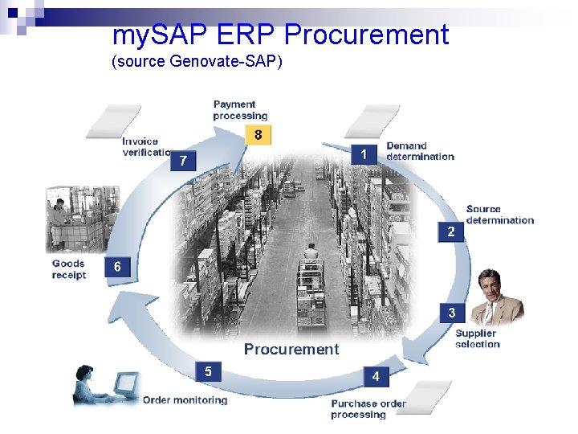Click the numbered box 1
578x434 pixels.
(364, 154)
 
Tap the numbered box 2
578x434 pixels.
(451, 231)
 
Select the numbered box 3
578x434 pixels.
(452, 313)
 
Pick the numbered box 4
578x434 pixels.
(376, 375)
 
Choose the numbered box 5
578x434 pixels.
(208, 371)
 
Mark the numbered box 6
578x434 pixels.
(117, 267)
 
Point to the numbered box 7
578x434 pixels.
(183, 161)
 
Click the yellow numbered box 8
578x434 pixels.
(258, 135)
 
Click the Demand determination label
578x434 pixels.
(420, 151)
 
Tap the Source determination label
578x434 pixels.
(499, 215)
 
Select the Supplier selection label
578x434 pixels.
(477, 338)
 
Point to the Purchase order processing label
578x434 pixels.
(368, 409)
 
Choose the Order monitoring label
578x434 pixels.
(185, 399)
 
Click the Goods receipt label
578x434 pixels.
(69, 269)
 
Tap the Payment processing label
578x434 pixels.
(240, 110)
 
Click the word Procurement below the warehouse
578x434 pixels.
(291, 349)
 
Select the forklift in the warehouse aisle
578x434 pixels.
(310, 277)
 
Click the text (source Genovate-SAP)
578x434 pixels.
(197, 62)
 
